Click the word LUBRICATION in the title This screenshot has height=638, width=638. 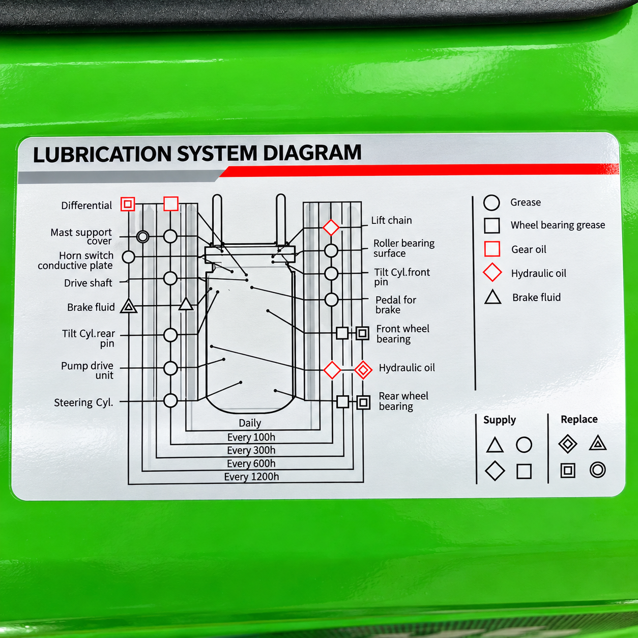pyautogui.click(x=102, y=154)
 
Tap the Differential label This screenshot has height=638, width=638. pyautogui.click(x=86, y=206)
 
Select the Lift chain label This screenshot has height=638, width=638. pyautogui.click(x=391, y=220)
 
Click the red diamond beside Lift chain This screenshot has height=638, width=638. pyautogui.click(x=331, y=227)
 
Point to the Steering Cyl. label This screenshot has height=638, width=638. pyautogui.click(x=84, y=402)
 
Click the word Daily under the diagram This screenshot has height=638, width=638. pyautogui.click(x=250, y=423)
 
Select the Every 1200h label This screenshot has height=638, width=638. pyautogui.click(x=252, y=477)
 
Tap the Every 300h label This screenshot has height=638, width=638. pyautogui.click(x=251, y=450)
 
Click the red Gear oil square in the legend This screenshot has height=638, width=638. pyautogui.click(x=492, y=249)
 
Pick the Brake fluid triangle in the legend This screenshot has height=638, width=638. pyautogui.click(x=492, y=297)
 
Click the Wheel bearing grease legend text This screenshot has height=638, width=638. pyautogui.click(x=558, y=225)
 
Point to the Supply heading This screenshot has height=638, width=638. pyautogui.click(x=500, y=420)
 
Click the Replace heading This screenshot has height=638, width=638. pyautogui.click(x=579, y=419)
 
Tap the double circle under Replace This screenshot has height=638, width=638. pyautogui.click(x=598, y=470)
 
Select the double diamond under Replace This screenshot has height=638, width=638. pyautogui.click(x=568, y=444)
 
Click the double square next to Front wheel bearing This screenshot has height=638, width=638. pyautogui.click(x=363, y=333)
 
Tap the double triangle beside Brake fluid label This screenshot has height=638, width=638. pyautogui.click(x=128, y=306)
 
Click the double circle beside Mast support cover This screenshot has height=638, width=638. pyautogui.click(x=142, y=237)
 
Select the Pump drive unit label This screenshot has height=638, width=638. pyautogui.click(x=88, y=370)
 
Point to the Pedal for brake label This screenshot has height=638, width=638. pyautogui.click(x=396, y=305)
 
